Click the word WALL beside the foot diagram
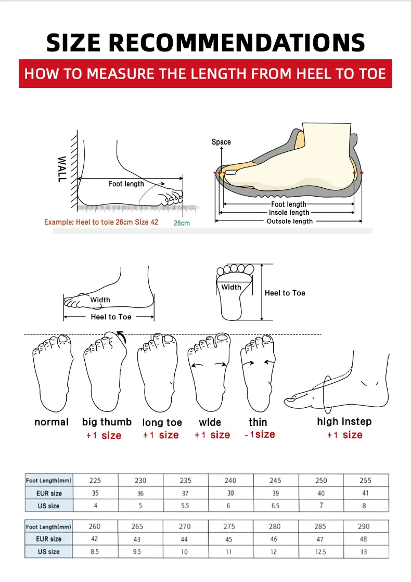tap(61, 169)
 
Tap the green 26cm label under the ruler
tap(182, 223)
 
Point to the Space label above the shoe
tap(221, 142)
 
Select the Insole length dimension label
tap(289, 213)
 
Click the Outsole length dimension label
tap(290, 222)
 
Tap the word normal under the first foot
tap(51, 422)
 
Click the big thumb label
tap(107, 422)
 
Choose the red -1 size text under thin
tap(260, 434)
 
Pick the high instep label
tap(344, 421)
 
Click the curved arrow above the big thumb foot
tap(121, 336)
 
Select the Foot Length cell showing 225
tap(95, 481)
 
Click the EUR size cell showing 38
tap(230, 493)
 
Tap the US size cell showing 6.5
tap(275, 506)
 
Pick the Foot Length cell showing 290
tap(364, 526)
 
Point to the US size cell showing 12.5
tap(320, 552)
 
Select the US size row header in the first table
tap(48, 506)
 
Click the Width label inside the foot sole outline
tap(232, 287)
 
